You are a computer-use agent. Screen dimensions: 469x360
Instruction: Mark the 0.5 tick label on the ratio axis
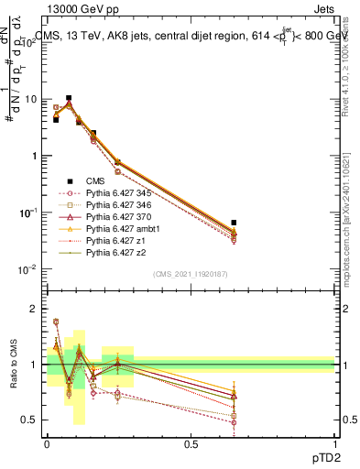[30, 420]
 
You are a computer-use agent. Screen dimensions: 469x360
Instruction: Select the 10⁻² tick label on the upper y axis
[27, 269]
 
